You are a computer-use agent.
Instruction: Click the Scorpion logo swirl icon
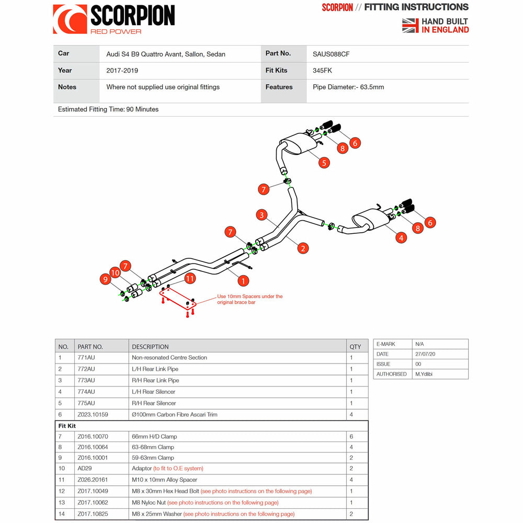(x=70, y=19)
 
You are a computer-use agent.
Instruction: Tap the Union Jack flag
(x=410, y=25)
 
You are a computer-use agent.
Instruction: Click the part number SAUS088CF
(x=335, y=53)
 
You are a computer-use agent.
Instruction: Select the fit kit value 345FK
(x=322, y=70)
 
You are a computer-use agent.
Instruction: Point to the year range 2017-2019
(x=122, y=70)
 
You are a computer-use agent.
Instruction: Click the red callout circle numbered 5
(x=324, y=163)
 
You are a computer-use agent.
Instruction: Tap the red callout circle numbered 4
(x=401, y=237)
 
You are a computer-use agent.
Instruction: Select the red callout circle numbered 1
(x=243, y=281)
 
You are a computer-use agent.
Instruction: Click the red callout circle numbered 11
(x=190, y=278)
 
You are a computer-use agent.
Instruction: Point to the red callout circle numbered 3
(x=262, y=214)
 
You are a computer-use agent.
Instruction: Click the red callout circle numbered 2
(x=303, y=248)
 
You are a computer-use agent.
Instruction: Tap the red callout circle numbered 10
(x=115, y=272)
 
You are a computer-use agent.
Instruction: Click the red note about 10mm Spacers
(x=250, y=299)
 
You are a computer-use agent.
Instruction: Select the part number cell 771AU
(x=86, y=358)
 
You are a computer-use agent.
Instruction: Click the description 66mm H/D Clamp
(x=154, y=436)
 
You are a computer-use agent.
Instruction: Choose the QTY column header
(x=355, y=347)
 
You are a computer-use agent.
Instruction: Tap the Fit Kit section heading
(x=67, y=426)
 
